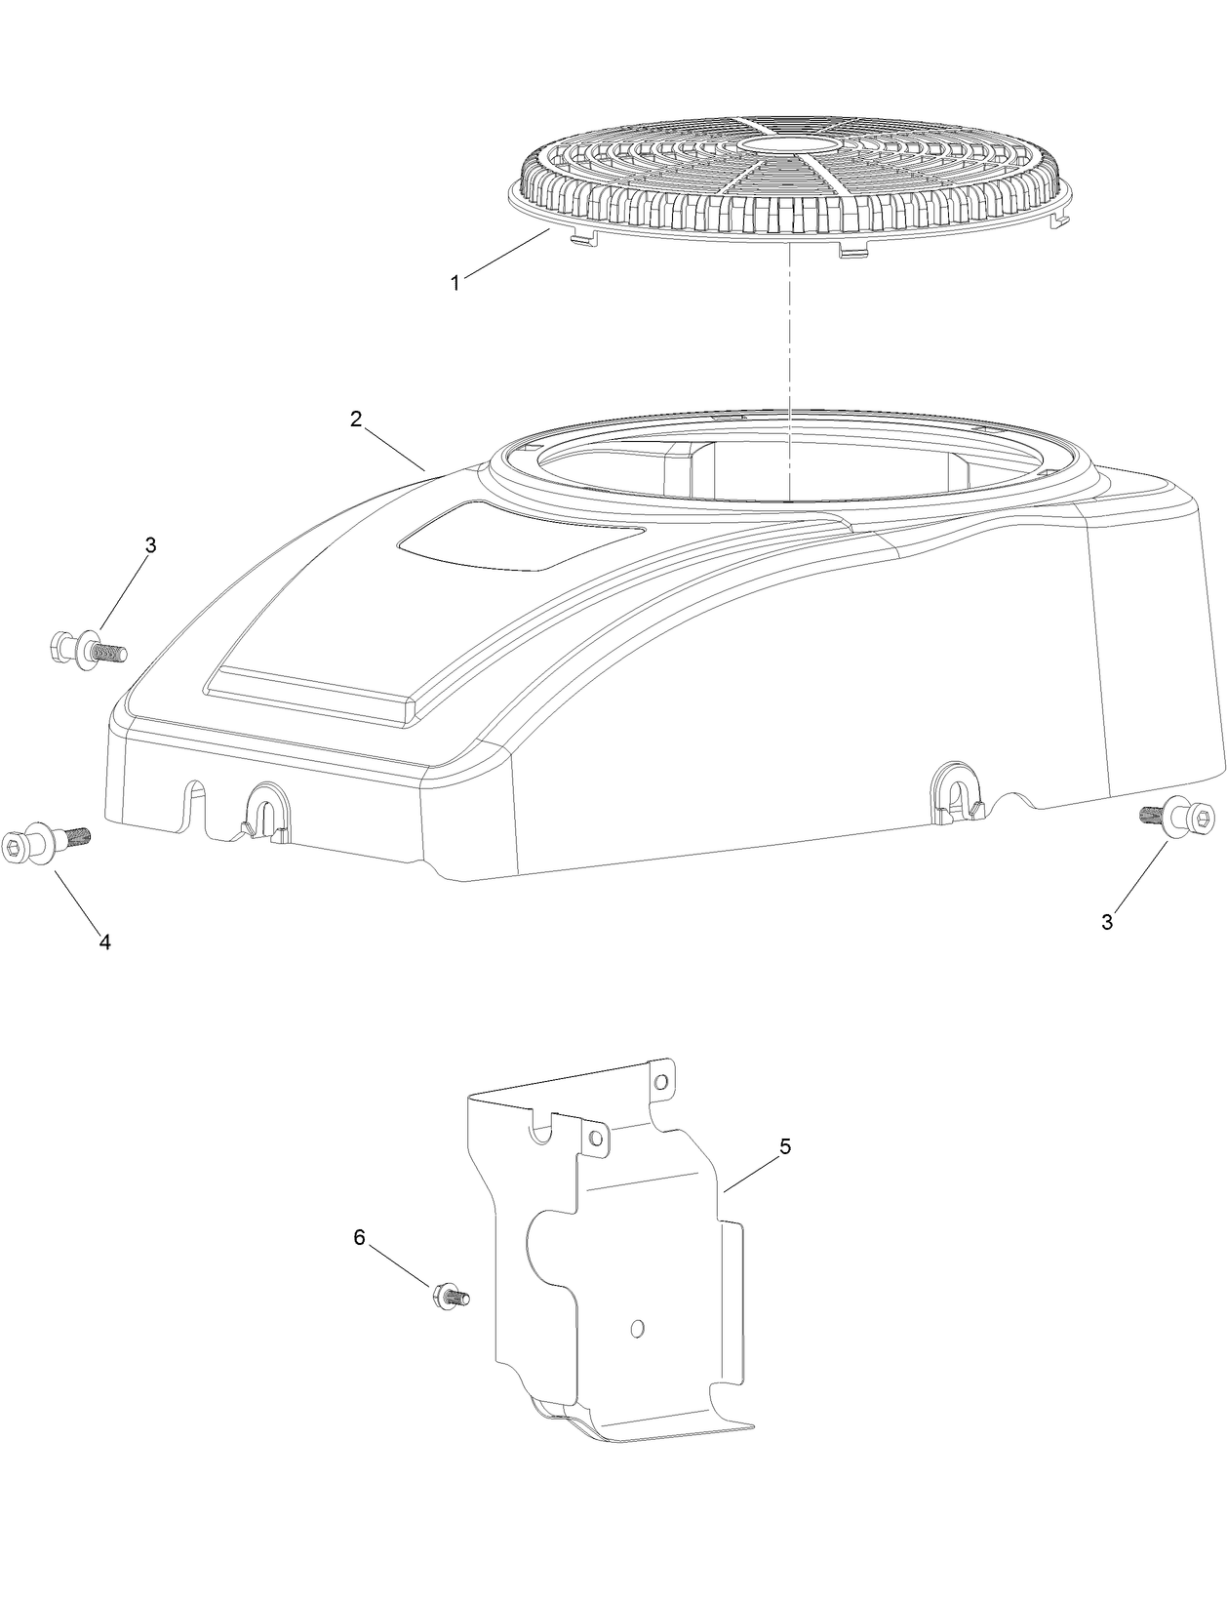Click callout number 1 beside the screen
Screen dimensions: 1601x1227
[x=455, y=283]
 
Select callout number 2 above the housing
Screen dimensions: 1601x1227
[x=356, y=419]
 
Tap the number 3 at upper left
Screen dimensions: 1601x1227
[x=150, y=546]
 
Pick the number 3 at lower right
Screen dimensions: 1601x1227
[x=1107, y=922]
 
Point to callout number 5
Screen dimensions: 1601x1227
[x=785, y=1146]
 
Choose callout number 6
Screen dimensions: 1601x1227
[x=359, y=1237]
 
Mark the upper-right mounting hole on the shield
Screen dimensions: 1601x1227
[x=660, y=1082]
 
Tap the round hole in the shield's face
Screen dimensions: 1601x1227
[x=637, y=1328]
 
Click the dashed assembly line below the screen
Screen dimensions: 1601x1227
[x=786, y=371]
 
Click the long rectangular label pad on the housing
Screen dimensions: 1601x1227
[x=312, y=695]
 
